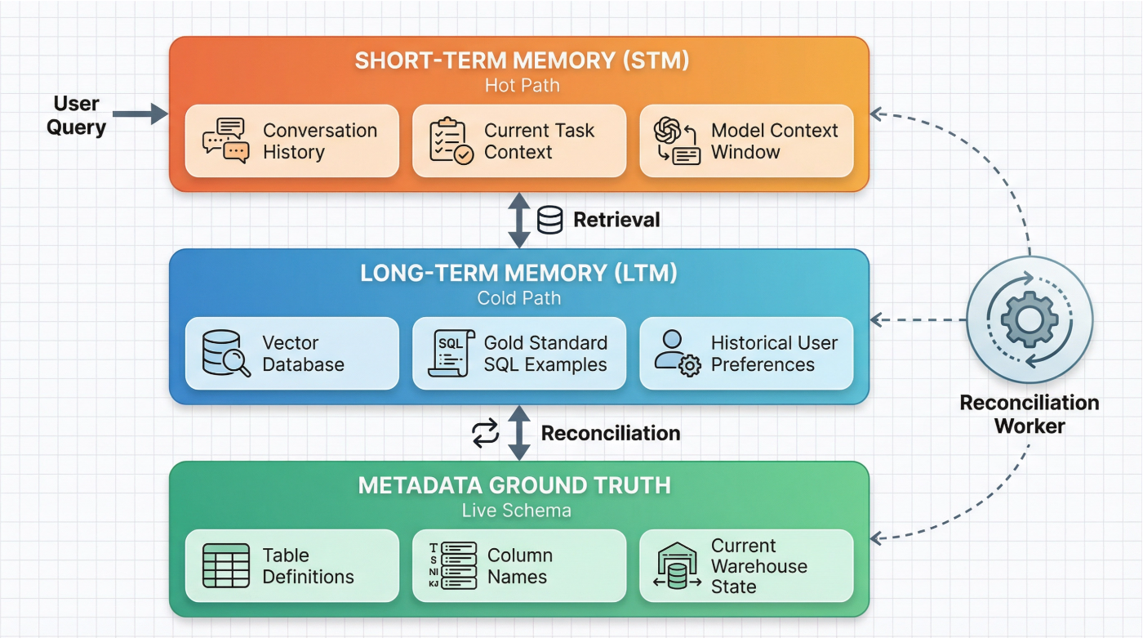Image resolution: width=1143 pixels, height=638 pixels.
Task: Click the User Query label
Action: pyautogui.click(x=76, y=115)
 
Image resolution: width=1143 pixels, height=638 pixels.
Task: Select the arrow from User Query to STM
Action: pyautogui.click(x=140, y=114)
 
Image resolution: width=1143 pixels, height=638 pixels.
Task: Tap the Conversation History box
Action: pyautogui.click(x=291, y=141)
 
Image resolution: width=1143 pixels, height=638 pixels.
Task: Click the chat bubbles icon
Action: pyautogui.click(x=225, y=141)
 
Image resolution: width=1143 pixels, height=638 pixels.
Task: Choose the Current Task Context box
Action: pyautogui.click(x=518, y=141)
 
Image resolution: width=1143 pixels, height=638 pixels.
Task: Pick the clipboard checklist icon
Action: pyautogui.click(x=451, y=141)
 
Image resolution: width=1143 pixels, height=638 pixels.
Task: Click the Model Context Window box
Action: pyautogui.click(x=745, y=141)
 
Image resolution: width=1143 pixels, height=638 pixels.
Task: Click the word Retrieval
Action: pyautogui.click(x=616, y=220)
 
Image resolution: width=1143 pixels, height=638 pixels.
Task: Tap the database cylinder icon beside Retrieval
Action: pyautogui.click(x=550, y=220)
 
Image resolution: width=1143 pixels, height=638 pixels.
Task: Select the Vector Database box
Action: pyautogui.click(x=291, y=353)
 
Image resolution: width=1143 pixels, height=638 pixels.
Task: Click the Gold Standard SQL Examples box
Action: pyautogui.click(x=518, y=353)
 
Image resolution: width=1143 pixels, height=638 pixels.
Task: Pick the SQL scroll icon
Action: pyautogui.click(x=451, y=353)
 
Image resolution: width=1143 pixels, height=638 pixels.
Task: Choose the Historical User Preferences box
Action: pyautogui.click(x=745, y=353)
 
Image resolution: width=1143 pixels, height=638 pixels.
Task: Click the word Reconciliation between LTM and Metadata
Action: pyautogui.click(x=611, y=433)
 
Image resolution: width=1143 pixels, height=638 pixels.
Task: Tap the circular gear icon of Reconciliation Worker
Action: pyautogui.click(x=1029, y=319)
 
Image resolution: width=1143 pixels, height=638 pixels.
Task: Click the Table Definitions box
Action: pyautogui.click(x=291, y=565)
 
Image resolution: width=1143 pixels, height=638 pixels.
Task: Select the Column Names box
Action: pyautogui.click(x=518, y=565)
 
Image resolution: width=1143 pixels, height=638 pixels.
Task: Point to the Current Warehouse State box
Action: pyautogui.click(x=745, y=565)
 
